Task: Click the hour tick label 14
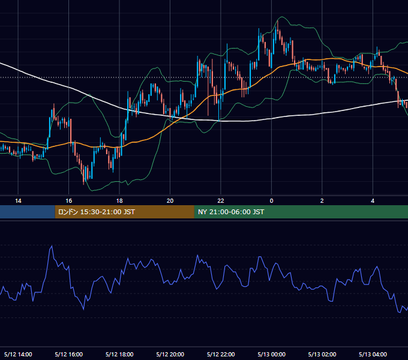pos(18,201)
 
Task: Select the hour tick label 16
pos(68,201)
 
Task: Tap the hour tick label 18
pos(119,201)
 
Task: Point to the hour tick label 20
pos(170,201)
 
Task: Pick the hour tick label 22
pos(221,201)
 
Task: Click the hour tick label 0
pos(271,201)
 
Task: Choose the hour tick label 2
pos(322,201)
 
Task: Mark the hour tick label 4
pos(373,201)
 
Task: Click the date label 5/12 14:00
pos(18,354)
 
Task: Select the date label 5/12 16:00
pos(68,354)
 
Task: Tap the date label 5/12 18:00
pos(119,354)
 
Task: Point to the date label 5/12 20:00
pos(170,354)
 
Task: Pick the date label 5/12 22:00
pos(221,354)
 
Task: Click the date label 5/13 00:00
pos(271,354)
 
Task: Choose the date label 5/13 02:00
pos(322,354)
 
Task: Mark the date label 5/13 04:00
pos(373,354)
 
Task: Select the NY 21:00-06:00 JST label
pos(231,212)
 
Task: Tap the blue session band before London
pos(28,212)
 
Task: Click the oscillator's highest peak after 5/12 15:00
pos(52,245)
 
